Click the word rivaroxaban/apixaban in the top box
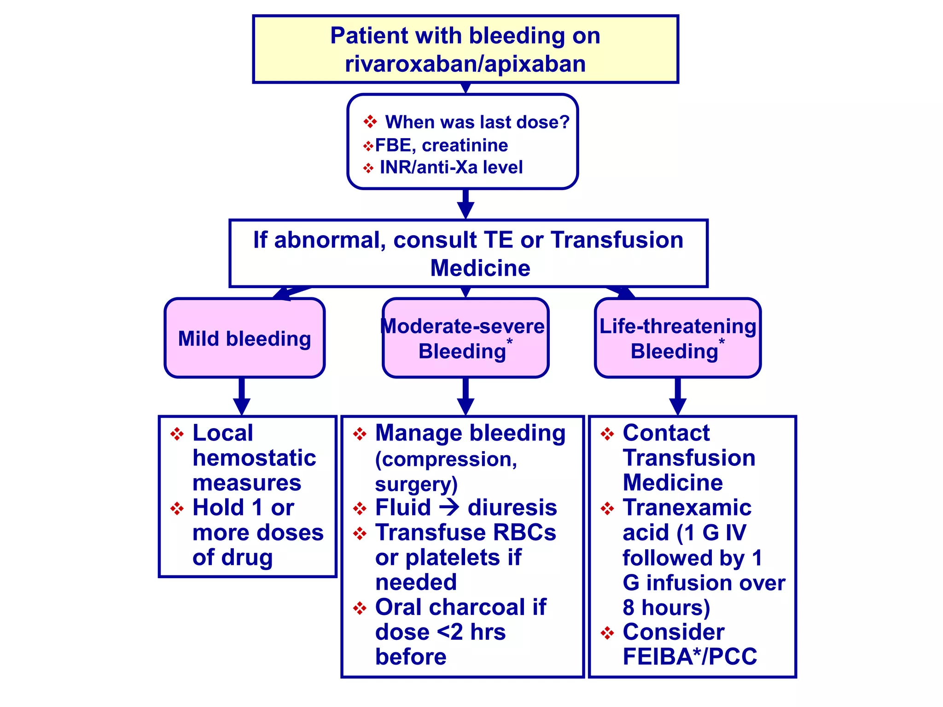tap(465, 64)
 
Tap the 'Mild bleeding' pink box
tap(244, 338)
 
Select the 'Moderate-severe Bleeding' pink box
tap(465, 338)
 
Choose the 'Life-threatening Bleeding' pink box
tap(677, 338)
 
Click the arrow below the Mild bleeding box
tap(241, 398)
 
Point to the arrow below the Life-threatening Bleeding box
tap(677, 398)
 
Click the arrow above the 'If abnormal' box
tap(466, 205)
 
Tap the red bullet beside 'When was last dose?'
tap(370, 122)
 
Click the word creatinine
tap(465, 145)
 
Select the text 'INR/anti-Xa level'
tap(451, 168)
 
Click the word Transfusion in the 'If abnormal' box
tap(617, 240)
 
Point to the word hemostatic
tap(254, 458)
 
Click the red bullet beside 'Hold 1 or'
tap(177, 509)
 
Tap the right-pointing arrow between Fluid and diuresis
tap(449, 507)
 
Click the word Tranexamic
tap(687, 508)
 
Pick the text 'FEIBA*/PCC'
tap(689, 657)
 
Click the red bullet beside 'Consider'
tap(607, 633)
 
